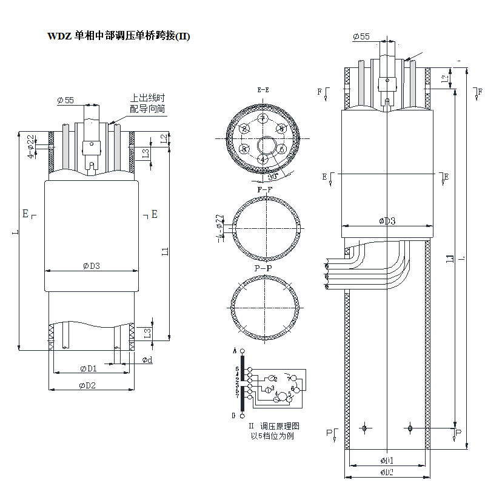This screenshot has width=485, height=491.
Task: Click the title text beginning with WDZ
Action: pyautogui.click(x=119, y=36)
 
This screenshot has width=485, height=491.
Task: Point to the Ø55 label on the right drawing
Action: pyautogui.click(x=361, y=37)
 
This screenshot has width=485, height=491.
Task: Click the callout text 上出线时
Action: pyautogui.click(x=148, y=98)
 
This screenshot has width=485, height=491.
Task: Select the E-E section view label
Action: pyautogui.click(x=263, y=90)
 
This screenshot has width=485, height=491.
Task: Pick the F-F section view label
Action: pyautogui.click(x=265, y=189)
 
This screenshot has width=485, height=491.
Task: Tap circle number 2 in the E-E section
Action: pyautogui.click(x=244, y=129)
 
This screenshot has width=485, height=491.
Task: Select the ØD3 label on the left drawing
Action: pyautogui.click(x=92, y=265)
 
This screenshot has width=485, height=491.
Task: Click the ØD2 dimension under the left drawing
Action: pyautogui.click(x=88, y=385)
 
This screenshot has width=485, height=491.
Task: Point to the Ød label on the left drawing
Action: pyautogui.click(x=147, y=361)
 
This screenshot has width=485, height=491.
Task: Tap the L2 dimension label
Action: pyautogui.click(x=164, y=139)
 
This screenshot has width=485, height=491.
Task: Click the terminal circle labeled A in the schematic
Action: pyautogui.click(x=243, y=351)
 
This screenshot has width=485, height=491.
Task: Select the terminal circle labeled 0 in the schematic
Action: pyautogui.click(x=243, y=416)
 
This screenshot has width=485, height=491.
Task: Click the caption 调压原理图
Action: pyautogui.click(x=279, y=426)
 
